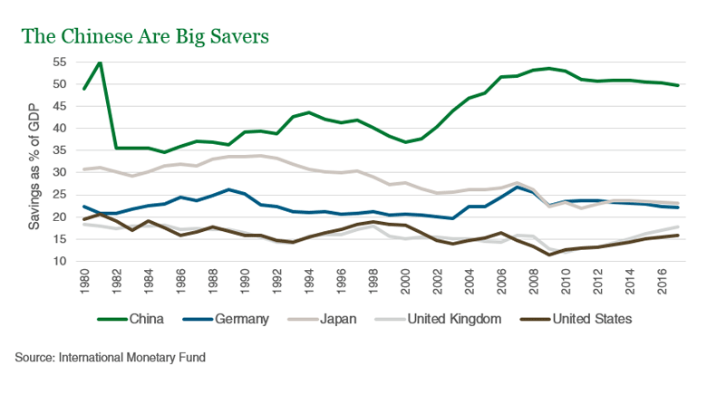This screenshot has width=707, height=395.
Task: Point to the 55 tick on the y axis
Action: coord(60,62)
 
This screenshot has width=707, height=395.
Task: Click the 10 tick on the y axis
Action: coord(60,261)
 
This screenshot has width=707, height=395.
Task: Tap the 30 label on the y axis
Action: coord(60,172)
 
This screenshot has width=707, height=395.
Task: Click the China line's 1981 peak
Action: coord(100,62)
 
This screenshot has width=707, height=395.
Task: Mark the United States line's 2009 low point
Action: coord(548,255)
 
